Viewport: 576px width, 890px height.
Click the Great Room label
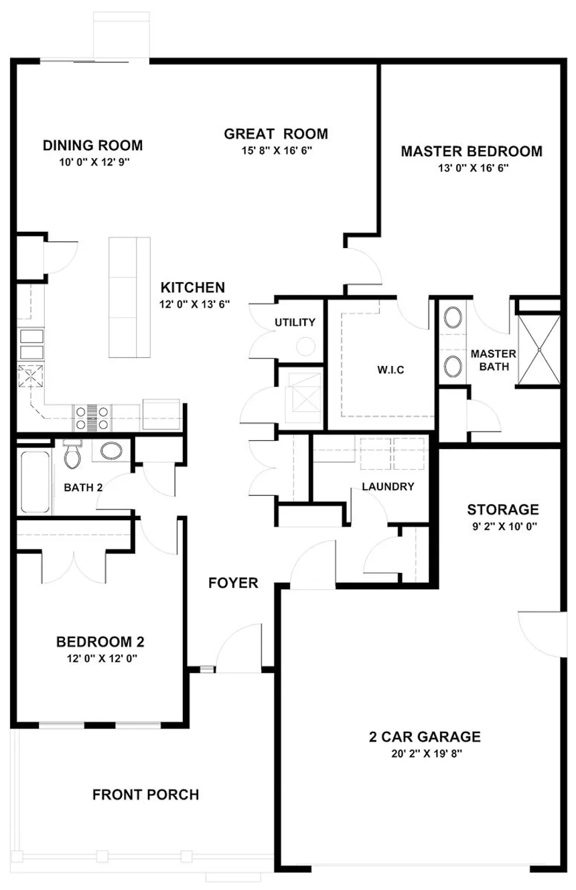pos(276,134)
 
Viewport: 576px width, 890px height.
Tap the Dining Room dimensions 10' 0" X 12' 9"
pos(94,162)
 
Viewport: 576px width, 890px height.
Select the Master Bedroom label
pos(472,151)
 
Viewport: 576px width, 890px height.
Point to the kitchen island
pos(129,297)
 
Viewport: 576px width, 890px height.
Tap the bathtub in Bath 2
pos(35,481)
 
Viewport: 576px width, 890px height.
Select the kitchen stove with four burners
pos(92,418)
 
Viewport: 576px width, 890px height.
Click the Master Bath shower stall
pos(539,350)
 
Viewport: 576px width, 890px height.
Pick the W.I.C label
pos(390,370)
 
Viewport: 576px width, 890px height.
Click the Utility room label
pos(295,322)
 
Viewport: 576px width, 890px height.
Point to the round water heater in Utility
pos(305,346)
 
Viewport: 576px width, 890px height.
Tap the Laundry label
pos(388,487)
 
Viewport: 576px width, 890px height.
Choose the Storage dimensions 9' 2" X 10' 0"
pos(504,527)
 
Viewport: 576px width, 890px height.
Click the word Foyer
pos(233,583)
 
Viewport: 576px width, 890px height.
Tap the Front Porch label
pos(146,795)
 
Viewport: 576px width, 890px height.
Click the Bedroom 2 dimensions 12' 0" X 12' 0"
pos(102,659)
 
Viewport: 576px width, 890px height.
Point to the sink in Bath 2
pos(111,451)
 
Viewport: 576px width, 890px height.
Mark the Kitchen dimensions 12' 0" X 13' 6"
pos(194,304)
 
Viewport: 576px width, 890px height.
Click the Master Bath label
pos(494,360)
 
